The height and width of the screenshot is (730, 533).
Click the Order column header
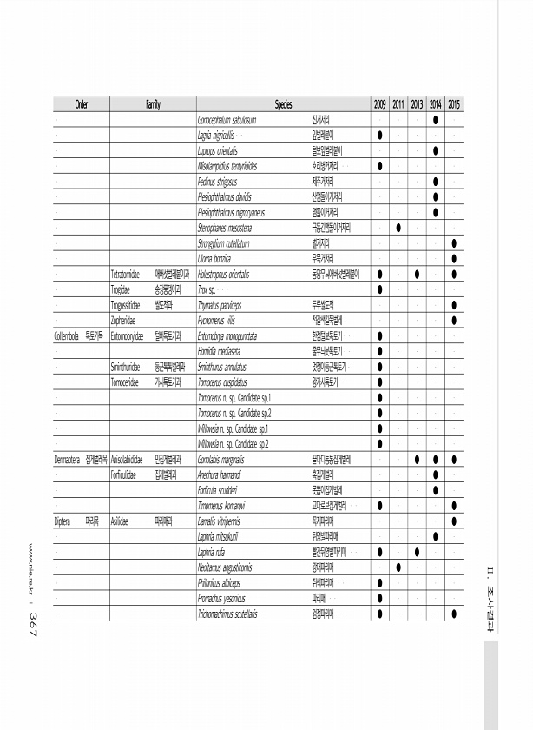[x=81, y=104]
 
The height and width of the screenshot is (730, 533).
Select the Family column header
[x=153, y=104]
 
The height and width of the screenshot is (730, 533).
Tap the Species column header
[x=283, y=104]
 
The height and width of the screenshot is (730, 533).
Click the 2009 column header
[x=380, y=104]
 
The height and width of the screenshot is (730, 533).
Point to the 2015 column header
[x=455, y=104]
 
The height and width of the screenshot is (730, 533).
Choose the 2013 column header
[x=418, y=104]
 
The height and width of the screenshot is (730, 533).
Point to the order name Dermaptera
[x=69, y=459]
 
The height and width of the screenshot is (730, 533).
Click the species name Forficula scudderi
[x=222, y=490]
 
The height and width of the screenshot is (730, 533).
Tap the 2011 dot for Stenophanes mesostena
[x=398, y=228]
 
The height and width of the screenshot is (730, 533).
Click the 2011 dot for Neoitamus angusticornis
[x=398, y=567]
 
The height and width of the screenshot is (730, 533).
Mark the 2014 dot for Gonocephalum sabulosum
[x=436, y=120]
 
